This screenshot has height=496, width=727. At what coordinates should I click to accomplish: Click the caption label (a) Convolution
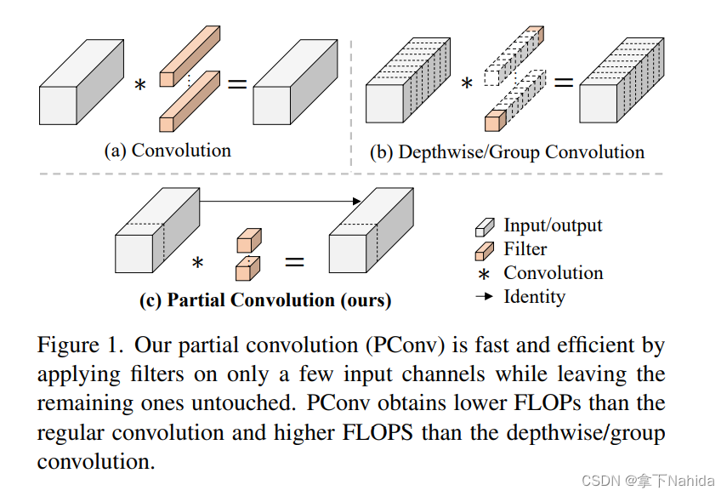[168, 151]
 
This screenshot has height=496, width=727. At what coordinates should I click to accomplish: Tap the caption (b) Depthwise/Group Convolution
[507, 152]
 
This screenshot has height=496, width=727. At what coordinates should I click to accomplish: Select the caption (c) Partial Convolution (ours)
[265, 299]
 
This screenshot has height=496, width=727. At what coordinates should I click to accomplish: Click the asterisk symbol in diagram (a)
[140, 87]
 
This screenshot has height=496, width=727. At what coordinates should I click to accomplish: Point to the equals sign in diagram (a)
[236, 83]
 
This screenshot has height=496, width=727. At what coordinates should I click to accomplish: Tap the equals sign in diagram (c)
[293, 262]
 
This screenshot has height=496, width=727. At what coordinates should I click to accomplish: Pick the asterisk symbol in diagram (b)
[466, 84]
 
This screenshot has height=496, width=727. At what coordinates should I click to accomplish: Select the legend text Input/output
[553, 225]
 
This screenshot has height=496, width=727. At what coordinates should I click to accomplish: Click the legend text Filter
[525, 249]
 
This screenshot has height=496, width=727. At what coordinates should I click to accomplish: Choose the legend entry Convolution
[553, 273]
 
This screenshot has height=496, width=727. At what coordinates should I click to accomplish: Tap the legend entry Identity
[534, 297]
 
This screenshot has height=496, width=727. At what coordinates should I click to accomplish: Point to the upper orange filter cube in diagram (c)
[247, 239]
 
